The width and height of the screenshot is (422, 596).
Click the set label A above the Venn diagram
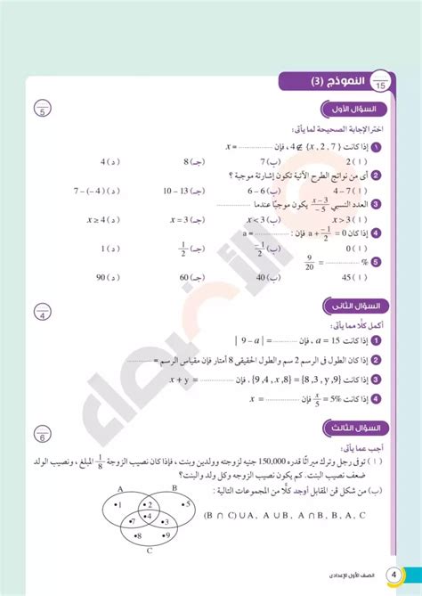(119, 488)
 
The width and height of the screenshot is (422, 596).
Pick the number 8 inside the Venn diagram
(139, 536)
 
